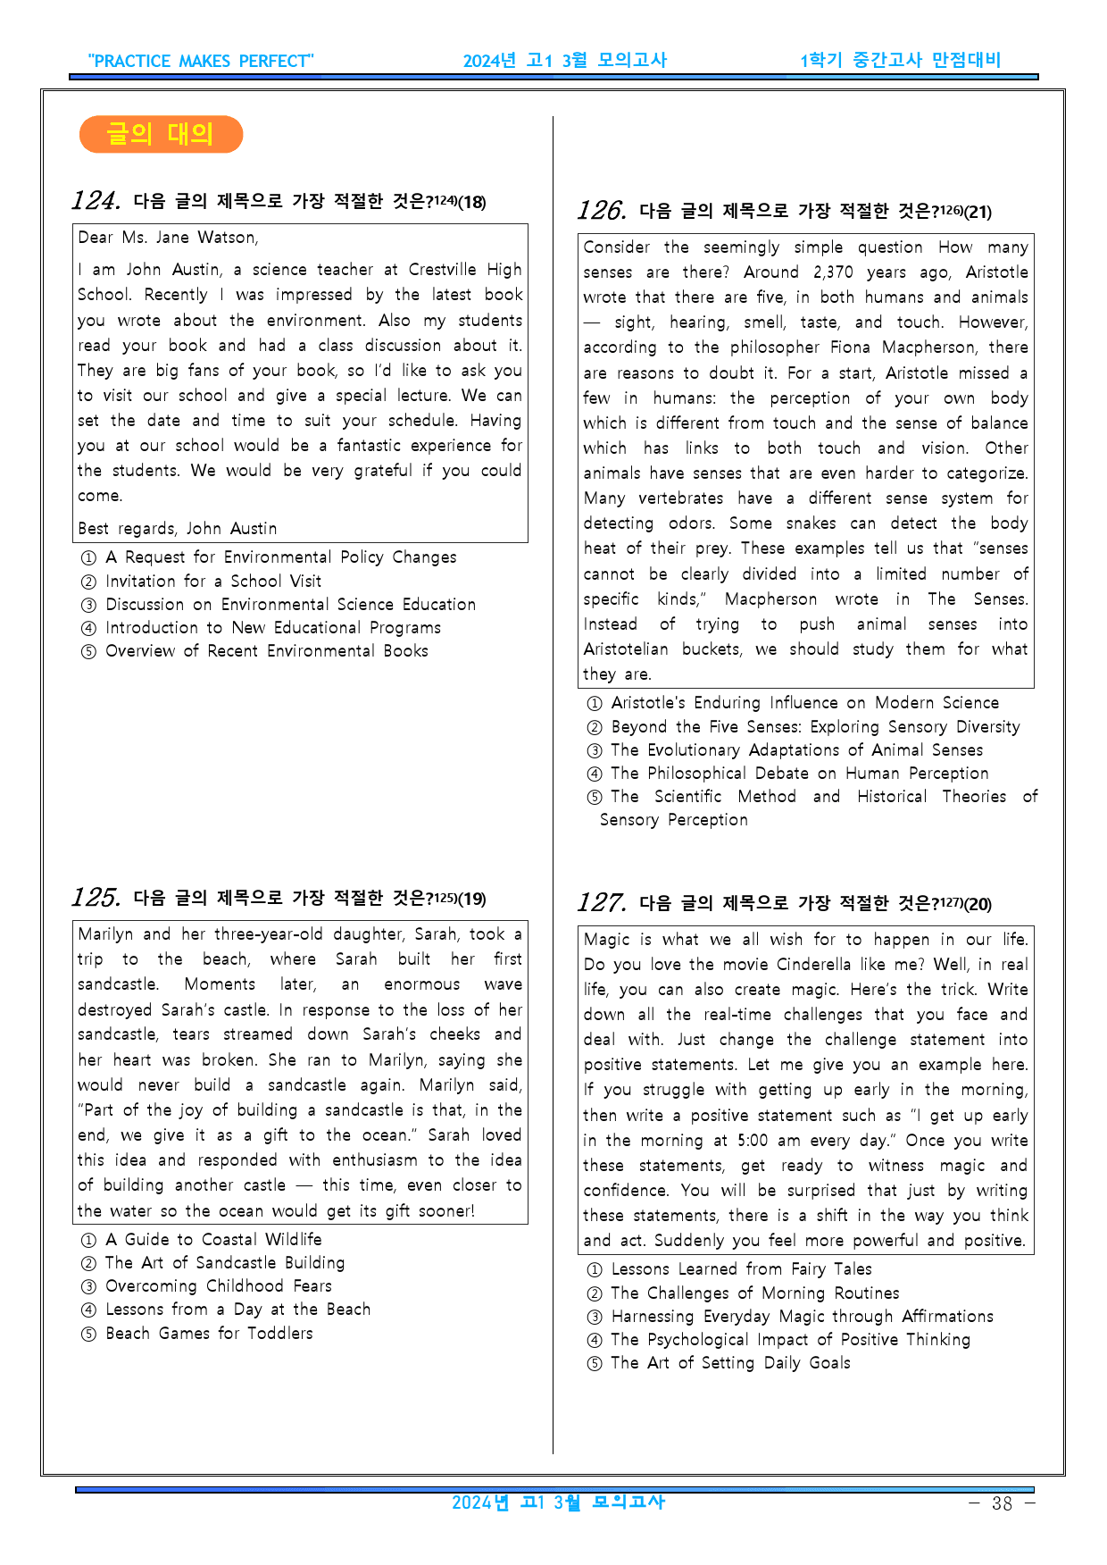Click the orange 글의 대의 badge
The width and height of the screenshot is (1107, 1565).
pyautogui.click(x=161, y=134)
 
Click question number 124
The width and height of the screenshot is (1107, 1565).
pyautogui.click(x=96, y=201)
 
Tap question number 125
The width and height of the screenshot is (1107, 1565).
pyautogui.click(x=96, y=898)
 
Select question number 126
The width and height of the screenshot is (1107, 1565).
pyautogui.click(x=601, y=211)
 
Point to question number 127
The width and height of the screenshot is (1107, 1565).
pyautogui.click(x=601, y=903)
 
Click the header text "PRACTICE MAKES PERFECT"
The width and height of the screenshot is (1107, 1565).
pyautogui.click(x=201, y=61)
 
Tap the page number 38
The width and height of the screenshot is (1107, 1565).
pyautogui.click(x=1002, y=1503)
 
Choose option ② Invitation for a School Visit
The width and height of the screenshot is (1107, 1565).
pyautogui.click(x=212, y=581)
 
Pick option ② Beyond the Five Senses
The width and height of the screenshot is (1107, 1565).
pyautogui.click(x=814, y=727)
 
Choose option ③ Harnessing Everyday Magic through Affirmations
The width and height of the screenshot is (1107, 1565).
pyautogui.click(x=801, y=1317)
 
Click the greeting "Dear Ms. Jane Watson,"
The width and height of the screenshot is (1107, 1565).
pyautogui.click(x=168, y=238)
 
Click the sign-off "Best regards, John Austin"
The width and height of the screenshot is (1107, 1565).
pyautogui.click(x=177, y=529)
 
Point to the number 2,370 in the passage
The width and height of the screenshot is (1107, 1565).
pyautogui.click(x=833, y=272)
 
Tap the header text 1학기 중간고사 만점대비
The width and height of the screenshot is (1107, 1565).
pyautogui.click(x=900, y=60)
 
